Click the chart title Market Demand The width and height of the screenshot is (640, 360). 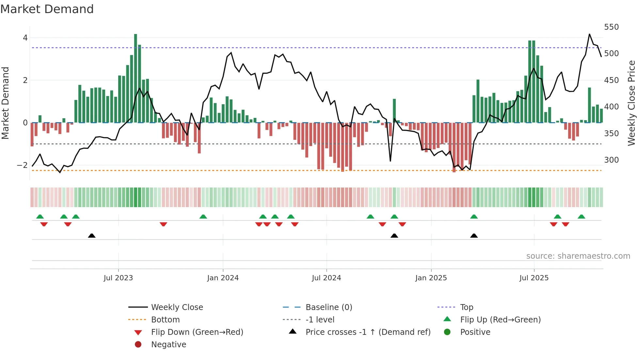(x=47, y=9)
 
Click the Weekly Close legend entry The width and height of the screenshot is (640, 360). (x=177, y=307)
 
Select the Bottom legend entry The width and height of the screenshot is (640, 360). (x=165, y=320)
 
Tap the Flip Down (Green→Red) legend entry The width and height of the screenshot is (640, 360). (x=197, y=332)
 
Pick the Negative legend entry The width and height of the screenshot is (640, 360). (x=168, y=345)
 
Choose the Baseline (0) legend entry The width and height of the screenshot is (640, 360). (x=328, y=307)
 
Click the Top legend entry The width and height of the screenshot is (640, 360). (x=466, y=307)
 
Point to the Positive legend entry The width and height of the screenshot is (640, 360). (x=475, y=332)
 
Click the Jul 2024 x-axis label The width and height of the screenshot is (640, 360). (x=326, y=278)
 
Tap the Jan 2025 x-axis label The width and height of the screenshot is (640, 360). (x=431, y=278)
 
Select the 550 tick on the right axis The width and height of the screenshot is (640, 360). (x=611, y=27)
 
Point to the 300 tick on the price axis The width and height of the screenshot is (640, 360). (x=611, y=160)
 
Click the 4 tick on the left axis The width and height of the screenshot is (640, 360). (x=25, y=38)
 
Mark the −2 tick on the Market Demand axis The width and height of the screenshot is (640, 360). (x=23, y=165)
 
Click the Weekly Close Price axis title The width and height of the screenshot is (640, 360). (x=631, y=103)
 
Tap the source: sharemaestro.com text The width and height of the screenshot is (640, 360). (x=578, y=256)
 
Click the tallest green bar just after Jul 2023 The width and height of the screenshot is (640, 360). (x=136, y=78)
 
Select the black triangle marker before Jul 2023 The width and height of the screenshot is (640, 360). (x=92, y=236)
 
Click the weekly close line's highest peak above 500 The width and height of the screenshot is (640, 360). (x=589, y=34)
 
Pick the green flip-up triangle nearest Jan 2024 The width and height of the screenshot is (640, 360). (x=203, y=217)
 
